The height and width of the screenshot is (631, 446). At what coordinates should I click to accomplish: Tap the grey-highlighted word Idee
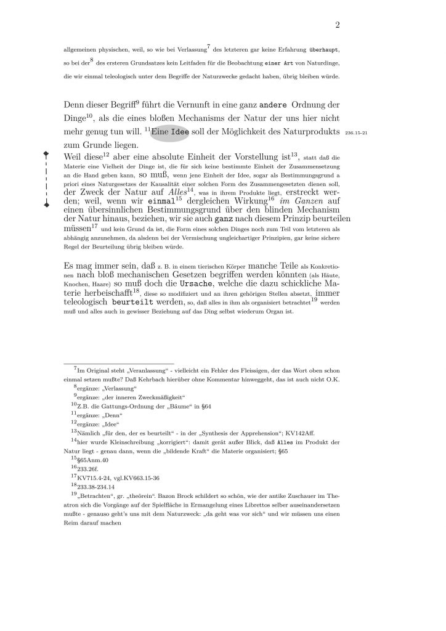pos(179,132)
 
